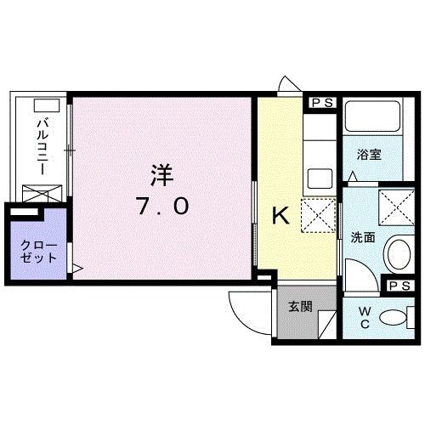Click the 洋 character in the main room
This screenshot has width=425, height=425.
click(161, 175)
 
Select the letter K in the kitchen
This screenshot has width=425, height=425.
click(280, 217)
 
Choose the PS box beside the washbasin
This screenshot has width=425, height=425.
click(399, 286)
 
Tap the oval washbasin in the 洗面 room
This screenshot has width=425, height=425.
click(398, 253)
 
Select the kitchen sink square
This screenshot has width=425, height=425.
click(320, 178)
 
